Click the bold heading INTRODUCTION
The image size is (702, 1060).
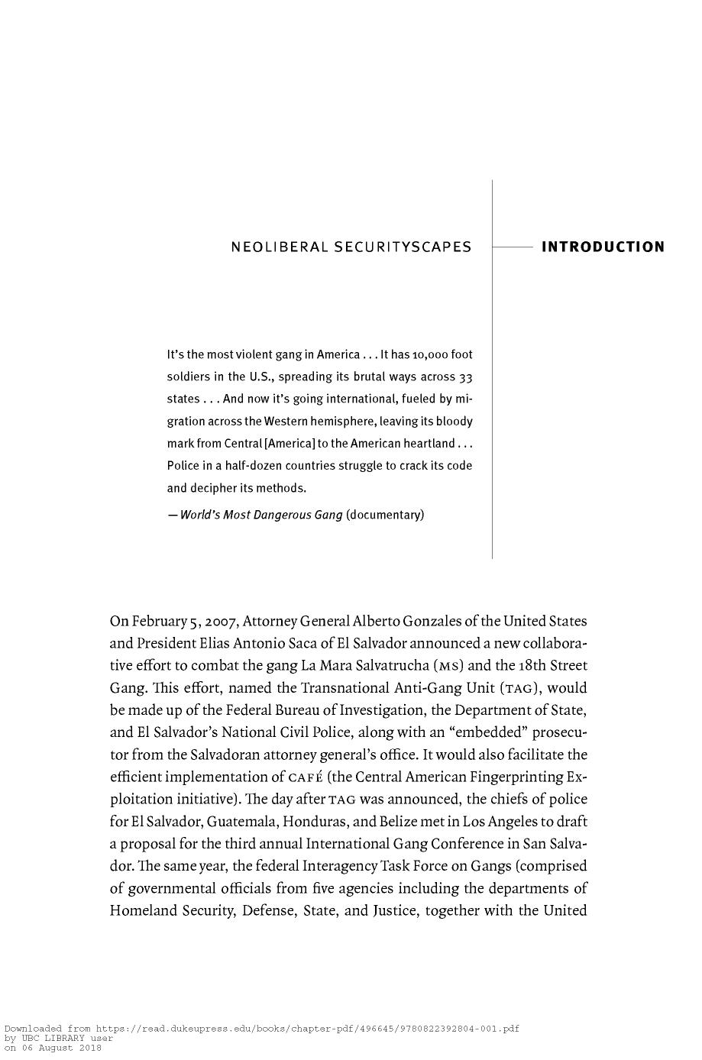click(x=602, y=247)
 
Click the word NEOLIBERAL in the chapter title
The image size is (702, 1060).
click(x=280, y=247)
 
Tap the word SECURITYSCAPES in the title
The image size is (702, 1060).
click(x=403, y=247)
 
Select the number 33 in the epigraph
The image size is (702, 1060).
click(x=465, y=377)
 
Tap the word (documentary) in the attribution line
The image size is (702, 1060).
click(x=384, y=515)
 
